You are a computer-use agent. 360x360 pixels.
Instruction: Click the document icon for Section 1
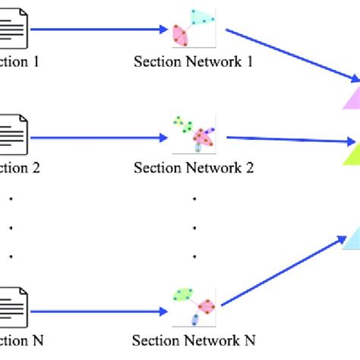click(x=14, y=30)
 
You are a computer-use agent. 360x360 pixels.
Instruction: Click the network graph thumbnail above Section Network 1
click(x=194, y=27)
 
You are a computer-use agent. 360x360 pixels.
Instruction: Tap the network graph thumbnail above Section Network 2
click(x=194, y=134)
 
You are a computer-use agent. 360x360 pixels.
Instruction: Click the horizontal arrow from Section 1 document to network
click(x=99, y=30)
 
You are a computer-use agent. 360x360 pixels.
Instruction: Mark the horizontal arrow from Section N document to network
click(x=99, y=311)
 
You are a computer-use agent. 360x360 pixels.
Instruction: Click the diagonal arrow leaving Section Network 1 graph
click(x=292, y=55)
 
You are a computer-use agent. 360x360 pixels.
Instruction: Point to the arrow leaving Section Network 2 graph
click(x=292, y=140)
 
